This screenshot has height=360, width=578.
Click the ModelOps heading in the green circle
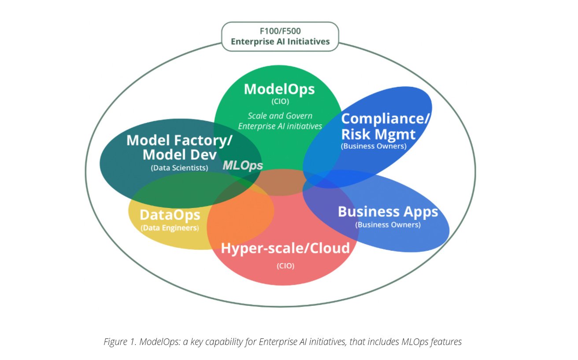click(279, 89)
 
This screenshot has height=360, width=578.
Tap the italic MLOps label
click(243, 165)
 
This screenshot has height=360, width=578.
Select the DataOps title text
click(170, 215)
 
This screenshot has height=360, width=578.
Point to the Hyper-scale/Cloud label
click(285, 249)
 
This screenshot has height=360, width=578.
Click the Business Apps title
click(388, 212)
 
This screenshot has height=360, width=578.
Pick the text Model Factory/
click(179, 141)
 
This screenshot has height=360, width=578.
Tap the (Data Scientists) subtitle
click(179, 168)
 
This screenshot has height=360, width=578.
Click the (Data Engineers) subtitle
click(170, 228)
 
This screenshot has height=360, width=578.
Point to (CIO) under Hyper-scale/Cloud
click(285, 266)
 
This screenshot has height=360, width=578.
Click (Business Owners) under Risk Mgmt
click(374, 146)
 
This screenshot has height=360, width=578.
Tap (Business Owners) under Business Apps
click(388, 225)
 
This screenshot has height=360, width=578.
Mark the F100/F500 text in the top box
click(280, 32)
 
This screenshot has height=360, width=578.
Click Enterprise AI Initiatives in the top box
click(280, 42)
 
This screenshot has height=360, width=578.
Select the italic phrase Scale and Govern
click(280, 116)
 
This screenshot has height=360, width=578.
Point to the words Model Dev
click(179, 155)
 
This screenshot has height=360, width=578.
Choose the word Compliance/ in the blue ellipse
click(385, 119)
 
